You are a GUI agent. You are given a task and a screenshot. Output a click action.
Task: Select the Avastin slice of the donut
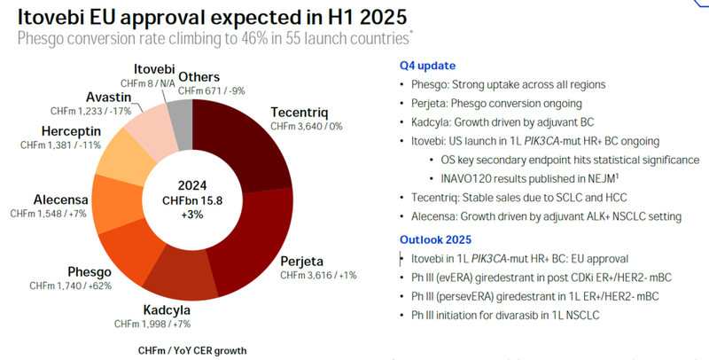point(147,125)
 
